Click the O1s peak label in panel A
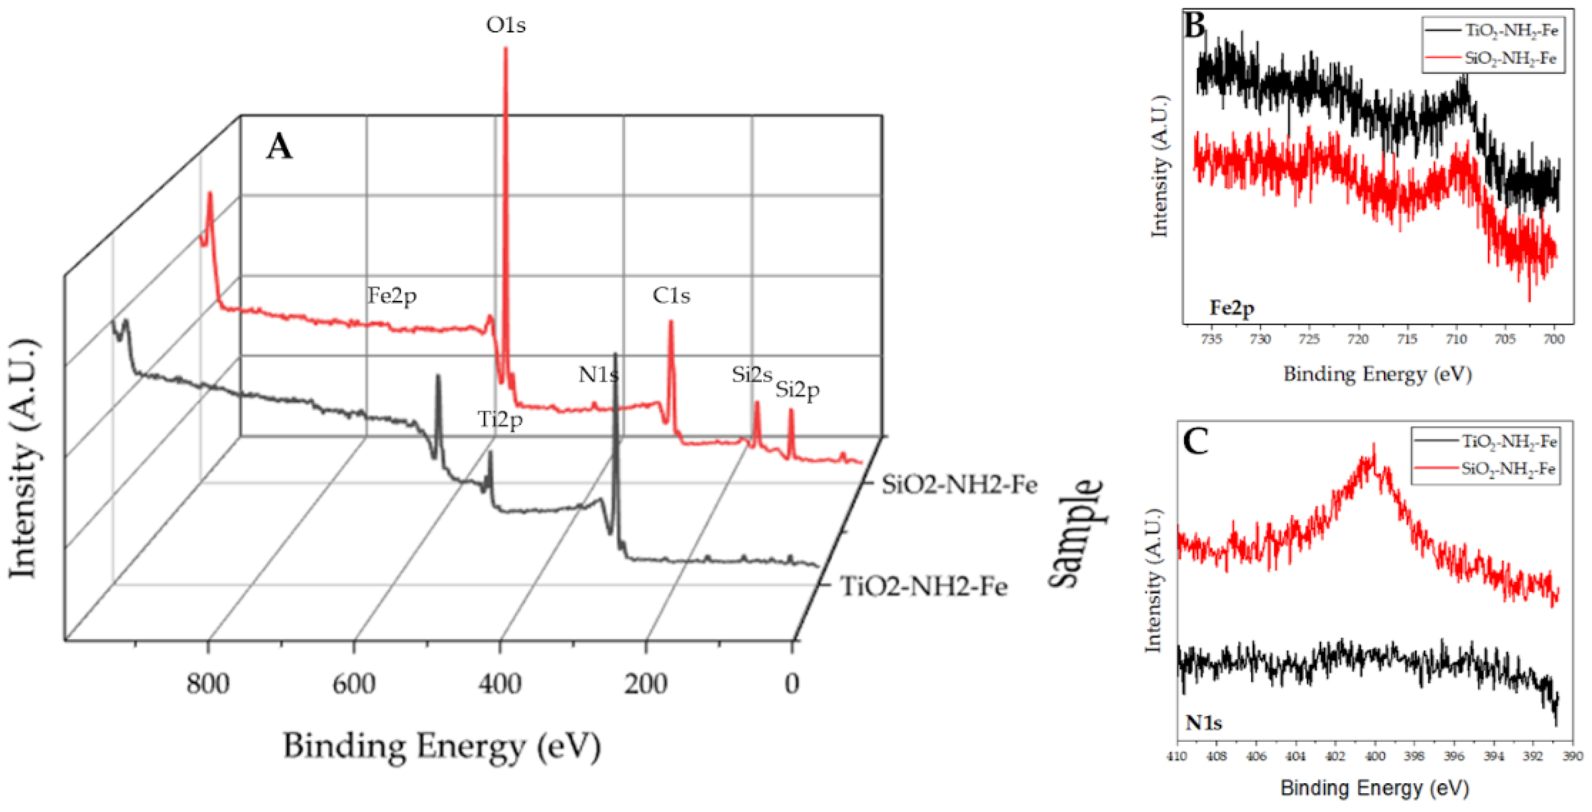click(506, 25)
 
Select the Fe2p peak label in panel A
click(392, 295)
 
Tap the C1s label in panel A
click(671, 295)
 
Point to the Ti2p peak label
click(500, 420)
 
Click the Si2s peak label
click(752, 375)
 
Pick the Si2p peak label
click(797, 390)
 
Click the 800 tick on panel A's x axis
click(208, 684)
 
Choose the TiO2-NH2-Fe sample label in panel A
click(923, 586)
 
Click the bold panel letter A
click(280, 147)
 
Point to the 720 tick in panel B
click(1358, 339)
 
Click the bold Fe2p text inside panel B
click(1232, 308)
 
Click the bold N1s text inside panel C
click(1203, 722)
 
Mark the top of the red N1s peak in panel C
click(1374, 444)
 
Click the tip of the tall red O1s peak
click(506, 49)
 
